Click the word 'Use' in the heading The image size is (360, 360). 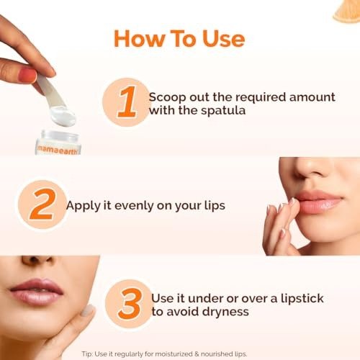[224, 38]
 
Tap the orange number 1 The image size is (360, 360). [127, 102]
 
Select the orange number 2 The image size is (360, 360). [42, 204]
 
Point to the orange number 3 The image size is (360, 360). [130, 304]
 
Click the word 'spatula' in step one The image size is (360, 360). [223, 111]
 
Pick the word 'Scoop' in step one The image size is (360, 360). [167, 98]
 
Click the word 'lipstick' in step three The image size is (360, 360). [302, 299]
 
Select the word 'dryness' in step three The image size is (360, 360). [225, 312]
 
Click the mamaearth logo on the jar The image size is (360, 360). [58, 150]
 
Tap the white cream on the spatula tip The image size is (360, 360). [63, 117]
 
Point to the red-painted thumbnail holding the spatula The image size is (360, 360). [27, 76]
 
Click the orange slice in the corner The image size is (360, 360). [346, 12]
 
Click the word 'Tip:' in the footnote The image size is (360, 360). [87, 354]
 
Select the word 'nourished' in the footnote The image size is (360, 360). [215, 354]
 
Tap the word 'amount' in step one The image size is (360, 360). [312, 97]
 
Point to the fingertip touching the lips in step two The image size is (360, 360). [292, 201]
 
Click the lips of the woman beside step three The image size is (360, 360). [37, 292]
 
